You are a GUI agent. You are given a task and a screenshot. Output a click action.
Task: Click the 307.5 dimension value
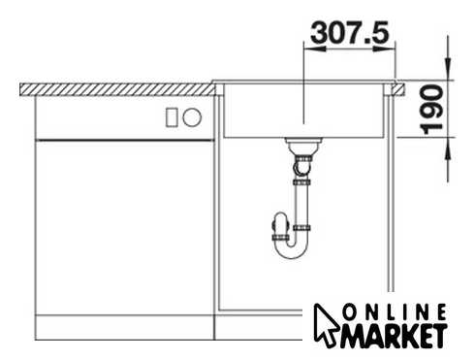pos(350,32)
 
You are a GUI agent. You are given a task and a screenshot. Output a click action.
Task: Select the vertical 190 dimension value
pos(433,110)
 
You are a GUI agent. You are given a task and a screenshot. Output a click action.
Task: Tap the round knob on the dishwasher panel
pos(192,117)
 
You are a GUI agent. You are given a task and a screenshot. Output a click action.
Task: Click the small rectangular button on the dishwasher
pos(172,117)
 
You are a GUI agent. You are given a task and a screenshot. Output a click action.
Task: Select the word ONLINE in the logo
pos(395,312)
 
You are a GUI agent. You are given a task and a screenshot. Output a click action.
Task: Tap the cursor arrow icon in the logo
pos(326,323)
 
